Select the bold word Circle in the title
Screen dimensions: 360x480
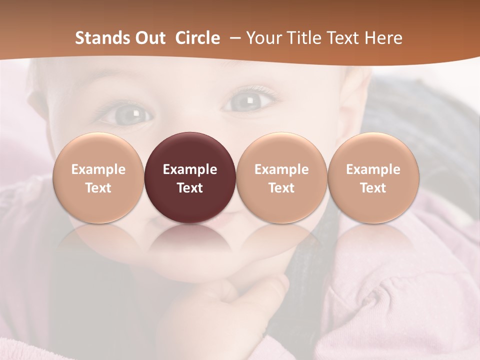click(197, 38)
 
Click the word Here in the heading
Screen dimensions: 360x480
click(384, 38)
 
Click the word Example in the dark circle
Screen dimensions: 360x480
click(190, 169)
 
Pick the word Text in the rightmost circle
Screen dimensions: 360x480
click(373, 188)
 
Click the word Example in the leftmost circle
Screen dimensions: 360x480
click(98, 169)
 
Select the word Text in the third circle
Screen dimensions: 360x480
click(281, 188)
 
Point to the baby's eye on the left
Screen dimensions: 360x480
click(128, 115)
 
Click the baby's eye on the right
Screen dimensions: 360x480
click(248, 101)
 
